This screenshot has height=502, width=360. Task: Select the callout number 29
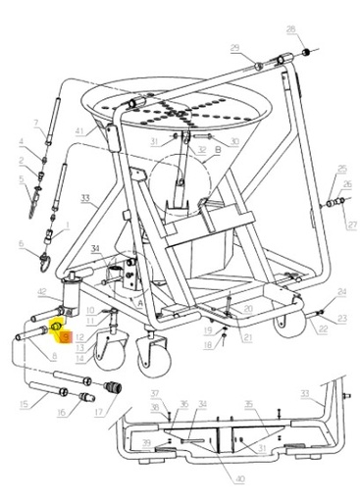click(234, 48)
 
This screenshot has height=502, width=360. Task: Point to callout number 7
click(36, 124)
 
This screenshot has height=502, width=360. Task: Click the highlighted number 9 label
click(65, 336)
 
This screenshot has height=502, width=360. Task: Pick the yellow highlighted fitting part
click(57, 326)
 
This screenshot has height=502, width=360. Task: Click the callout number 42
click(42, 292)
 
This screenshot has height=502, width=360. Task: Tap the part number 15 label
click(24, 404)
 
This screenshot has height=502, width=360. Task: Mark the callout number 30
click(235, 142)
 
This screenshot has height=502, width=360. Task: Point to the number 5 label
click(19, 179)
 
